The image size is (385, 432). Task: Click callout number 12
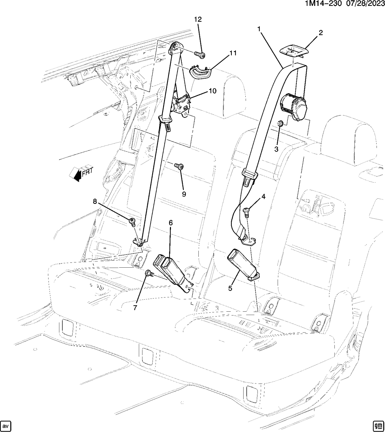pyautogui.click(x=198, y=20)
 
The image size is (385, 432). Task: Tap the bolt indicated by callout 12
pyautogui.click(x=199, y=54)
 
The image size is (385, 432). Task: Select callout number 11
pyautogui.click(x=232, y=53)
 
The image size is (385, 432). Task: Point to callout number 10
pyautogui.click(x=212, y=91)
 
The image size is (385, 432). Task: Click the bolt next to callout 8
pyautogui.click(x=132, y=221)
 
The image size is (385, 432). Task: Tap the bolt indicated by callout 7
pyautogui.click(x=149, y=274)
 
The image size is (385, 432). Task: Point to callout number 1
pyautogui.click(x=259, y=29)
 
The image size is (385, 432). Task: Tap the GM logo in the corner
pyautogui.click(x=378, y=425)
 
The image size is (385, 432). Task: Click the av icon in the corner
pyautogui.click(x=7, y=425)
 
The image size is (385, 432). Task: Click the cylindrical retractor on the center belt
pyautogui.click(x=294, y=107)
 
